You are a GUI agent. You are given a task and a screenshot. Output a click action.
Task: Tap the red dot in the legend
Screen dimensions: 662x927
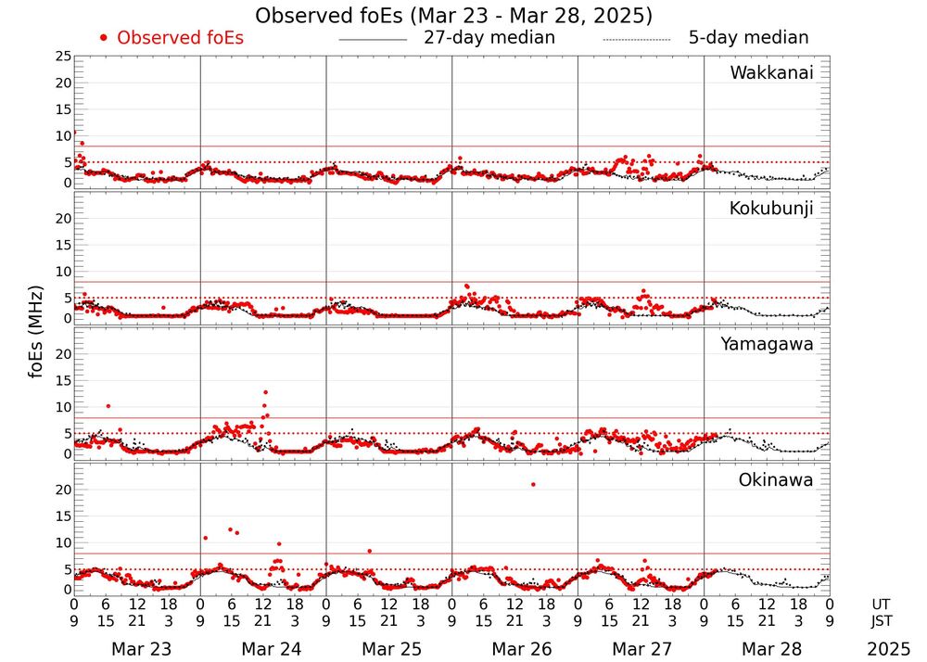point(104,38)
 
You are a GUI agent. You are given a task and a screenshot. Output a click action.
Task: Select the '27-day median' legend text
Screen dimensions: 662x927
point(489,38)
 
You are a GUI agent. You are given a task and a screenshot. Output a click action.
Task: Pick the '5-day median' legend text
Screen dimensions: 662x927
point(748,38)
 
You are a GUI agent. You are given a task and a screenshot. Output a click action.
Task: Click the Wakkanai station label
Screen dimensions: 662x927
point(771,73)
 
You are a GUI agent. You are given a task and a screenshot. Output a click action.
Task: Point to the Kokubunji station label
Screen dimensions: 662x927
point(771,209)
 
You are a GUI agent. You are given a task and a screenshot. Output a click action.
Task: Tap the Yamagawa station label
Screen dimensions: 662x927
point(768,344)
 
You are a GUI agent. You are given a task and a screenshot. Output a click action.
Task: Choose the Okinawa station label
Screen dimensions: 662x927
point(776,480)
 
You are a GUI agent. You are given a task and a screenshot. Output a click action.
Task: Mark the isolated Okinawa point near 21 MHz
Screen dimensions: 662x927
point(533,484)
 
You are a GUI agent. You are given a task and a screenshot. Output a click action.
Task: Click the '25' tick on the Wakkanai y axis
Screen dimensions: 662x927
point(63,57)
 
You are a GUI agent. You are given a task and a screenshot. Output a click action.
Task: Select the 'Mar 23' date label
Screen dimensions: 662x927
point(136,649)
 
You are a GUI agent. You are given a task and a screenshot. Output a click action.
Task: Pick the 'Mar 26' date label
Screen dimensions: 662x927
point(514,649)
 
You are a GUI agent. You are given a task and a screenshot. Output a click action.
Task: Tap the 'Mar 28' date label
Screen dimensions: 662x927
point(767,649)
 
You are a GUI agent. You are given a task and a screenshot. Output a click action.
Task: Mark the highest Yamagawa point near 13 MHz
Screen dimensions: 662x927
point(265,392)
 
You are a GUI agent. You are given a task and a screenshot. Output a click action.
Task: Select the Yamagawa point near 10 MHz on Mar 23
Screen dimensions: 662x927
point(108,406)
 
